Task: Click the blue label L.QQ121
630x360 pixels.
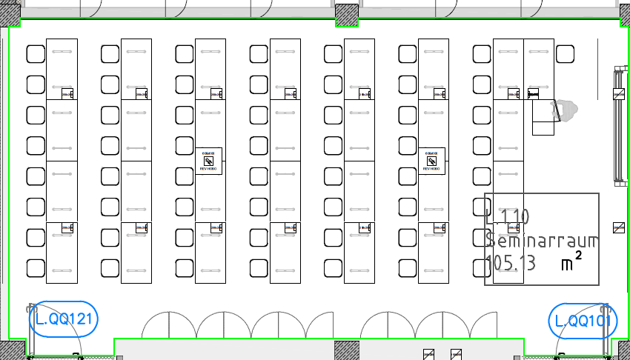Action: pos(63,320)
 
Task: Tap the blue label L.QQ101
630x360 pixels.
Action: pos(583,321)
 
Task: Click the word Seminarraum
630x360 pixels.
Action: pos(543,241)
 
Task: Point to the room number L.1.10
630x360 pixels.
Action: pos(507,218)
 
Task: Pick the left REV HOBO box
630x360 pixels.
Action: pos(208,160)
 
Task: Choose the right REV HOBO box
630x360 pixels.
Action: pos(431,160)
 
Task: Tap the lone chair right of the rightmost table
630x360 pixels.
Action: pos(566,54)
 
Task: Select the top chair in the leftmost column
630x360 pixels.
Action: pos(36,54)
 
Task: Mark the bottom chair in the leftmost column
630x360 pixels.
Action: pos(36,267)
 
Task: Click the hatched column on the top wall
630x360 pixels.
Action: pos(347,14)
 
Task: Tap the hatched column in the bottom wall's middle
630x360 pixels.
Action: pos(347,350)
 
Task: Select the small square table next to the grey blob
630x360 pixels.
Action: pos(543,118)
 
